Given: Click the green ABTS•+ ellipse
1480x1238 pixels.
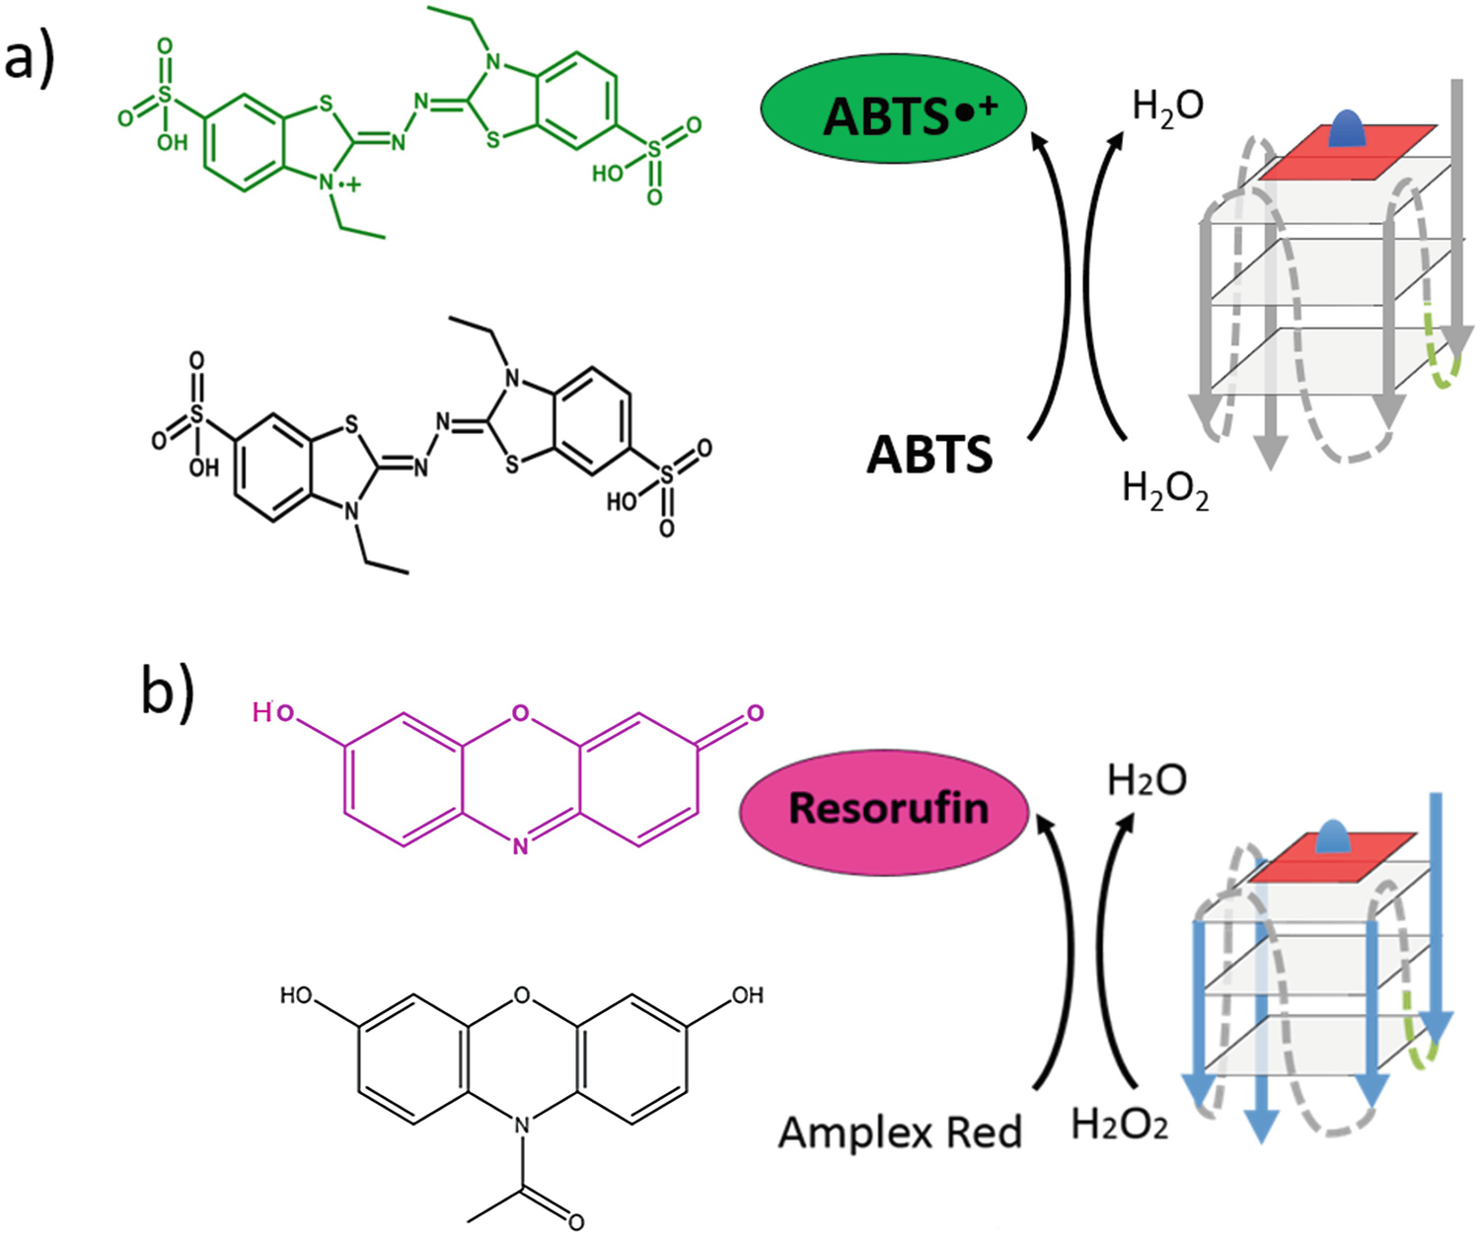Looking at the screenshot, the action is pyautogui.click(x=893, y=109).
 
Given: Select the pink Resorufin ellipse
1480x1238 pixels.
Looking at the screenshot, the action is pyautogui.click(x=884, y=809).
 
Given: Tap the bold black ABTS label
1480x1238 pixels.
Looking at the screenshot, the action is pyautogui.click(x=929, y=455).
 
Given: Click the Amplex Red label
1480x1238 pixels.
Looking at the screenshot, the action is pyautogui.click(x=900, y=1132).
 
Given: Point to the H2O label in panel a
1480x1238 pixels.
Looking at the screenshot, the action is pyautogui.click(x=1168, y=108).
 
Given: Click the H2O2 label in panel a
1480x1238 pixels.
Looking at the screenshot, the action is pyautogui.click(x=1165, y=489).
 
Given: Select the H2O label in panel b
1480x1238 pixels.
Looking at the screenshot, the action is pyautogui.click(x=1147, y=781).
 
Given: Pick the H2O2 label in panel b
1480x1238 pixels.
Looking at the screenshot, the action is pyautogui.click(x=1119, y=1125).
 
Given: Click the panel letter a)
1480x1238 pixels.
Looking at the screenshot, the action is pyautogui.click(x=30, y=61).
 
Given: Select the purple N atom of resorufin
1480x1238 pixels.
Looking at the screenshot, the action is pyautogui.click(x=520, y=846).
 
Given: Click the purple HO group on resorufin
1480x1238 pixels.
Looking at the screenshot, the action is pyautogui.click(x=273, y=712).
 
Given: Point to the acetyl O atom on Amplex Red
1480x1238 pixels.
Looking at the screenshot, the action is pyautogui.click(x=575, y=1222).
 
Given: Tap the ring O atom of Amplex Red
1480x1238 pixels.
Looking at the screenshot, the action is pyautogui.click(x=522, y=996).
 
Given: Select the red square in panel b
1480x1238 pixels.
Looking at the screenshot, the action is pyautogui.click(x=1333, y=857).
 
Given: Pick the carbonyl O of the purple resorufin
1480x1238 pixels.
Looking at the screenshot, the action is pyautogui.click(x=756, y=712).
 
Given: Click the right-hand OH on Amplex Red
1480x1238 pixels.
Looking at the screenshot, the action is pyautogui.click(x=747, y=995).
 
